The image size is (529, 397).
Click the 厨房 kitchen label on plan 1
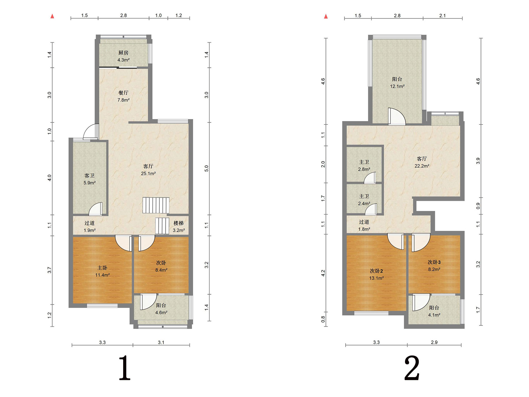[x=123, y=56]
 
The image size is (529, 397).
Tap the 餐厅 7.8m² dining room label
[x=123, y=96]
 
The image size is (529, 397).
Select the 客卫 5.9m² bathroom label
[x=90, y=179]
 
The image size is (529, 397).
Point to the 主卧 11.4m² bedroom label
[x=102, y=271]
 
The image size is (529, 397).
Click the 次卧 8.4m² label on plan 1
[x=161, y=266]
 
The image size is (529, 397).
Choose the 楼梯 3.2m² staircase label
[x=179, y=227]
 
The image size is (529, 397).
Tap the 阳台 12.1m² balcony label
[x=397, y=83]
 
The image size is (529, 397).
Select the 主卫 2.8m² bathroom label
[x=364, y=166]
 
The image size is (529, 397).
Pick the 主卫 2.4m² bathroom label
[x=364, y=200]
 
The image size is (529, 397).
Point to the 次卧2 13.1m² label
[x=376, y=275]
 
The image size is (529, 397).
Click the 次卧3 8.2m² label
[x=434, y=266]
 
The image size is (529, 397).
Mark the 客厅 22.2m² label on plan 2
[x=422, y=162]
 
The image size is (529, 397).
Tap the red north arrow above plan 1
[x=52, y=16]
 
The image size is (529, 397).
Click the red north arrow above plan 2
[x=326, y=16]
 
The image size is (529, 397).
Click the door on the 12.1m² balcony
[x=397, y=116]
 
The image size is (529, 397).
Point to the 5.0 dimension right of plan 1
[x=207, y=168]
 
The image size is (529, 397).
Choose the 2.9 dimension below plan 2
[x=434, y=342]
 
